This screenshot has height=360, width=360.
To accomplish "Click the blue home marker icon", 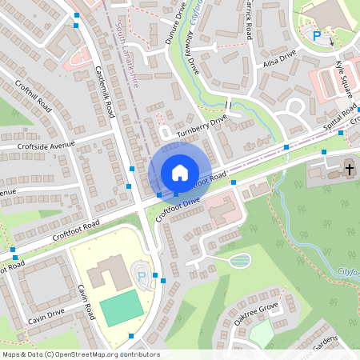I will coord(180,173).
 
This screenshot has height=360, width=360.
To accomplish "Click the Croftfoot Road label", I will coord(76,229).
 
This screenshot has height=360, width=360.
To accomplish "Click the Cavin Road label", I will coord(86,300).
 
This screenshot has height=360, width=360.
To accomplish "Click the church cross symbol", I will coord(349,168).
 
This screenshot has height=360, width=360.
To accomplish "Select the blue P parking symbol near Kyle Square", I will coord(317,35).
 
